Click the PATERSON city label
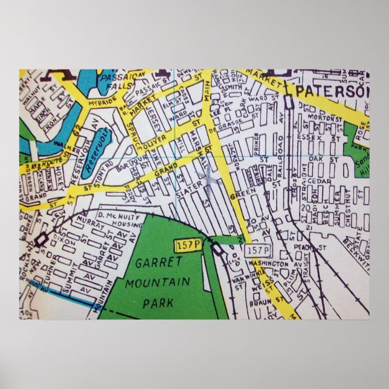pos(333,92)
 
